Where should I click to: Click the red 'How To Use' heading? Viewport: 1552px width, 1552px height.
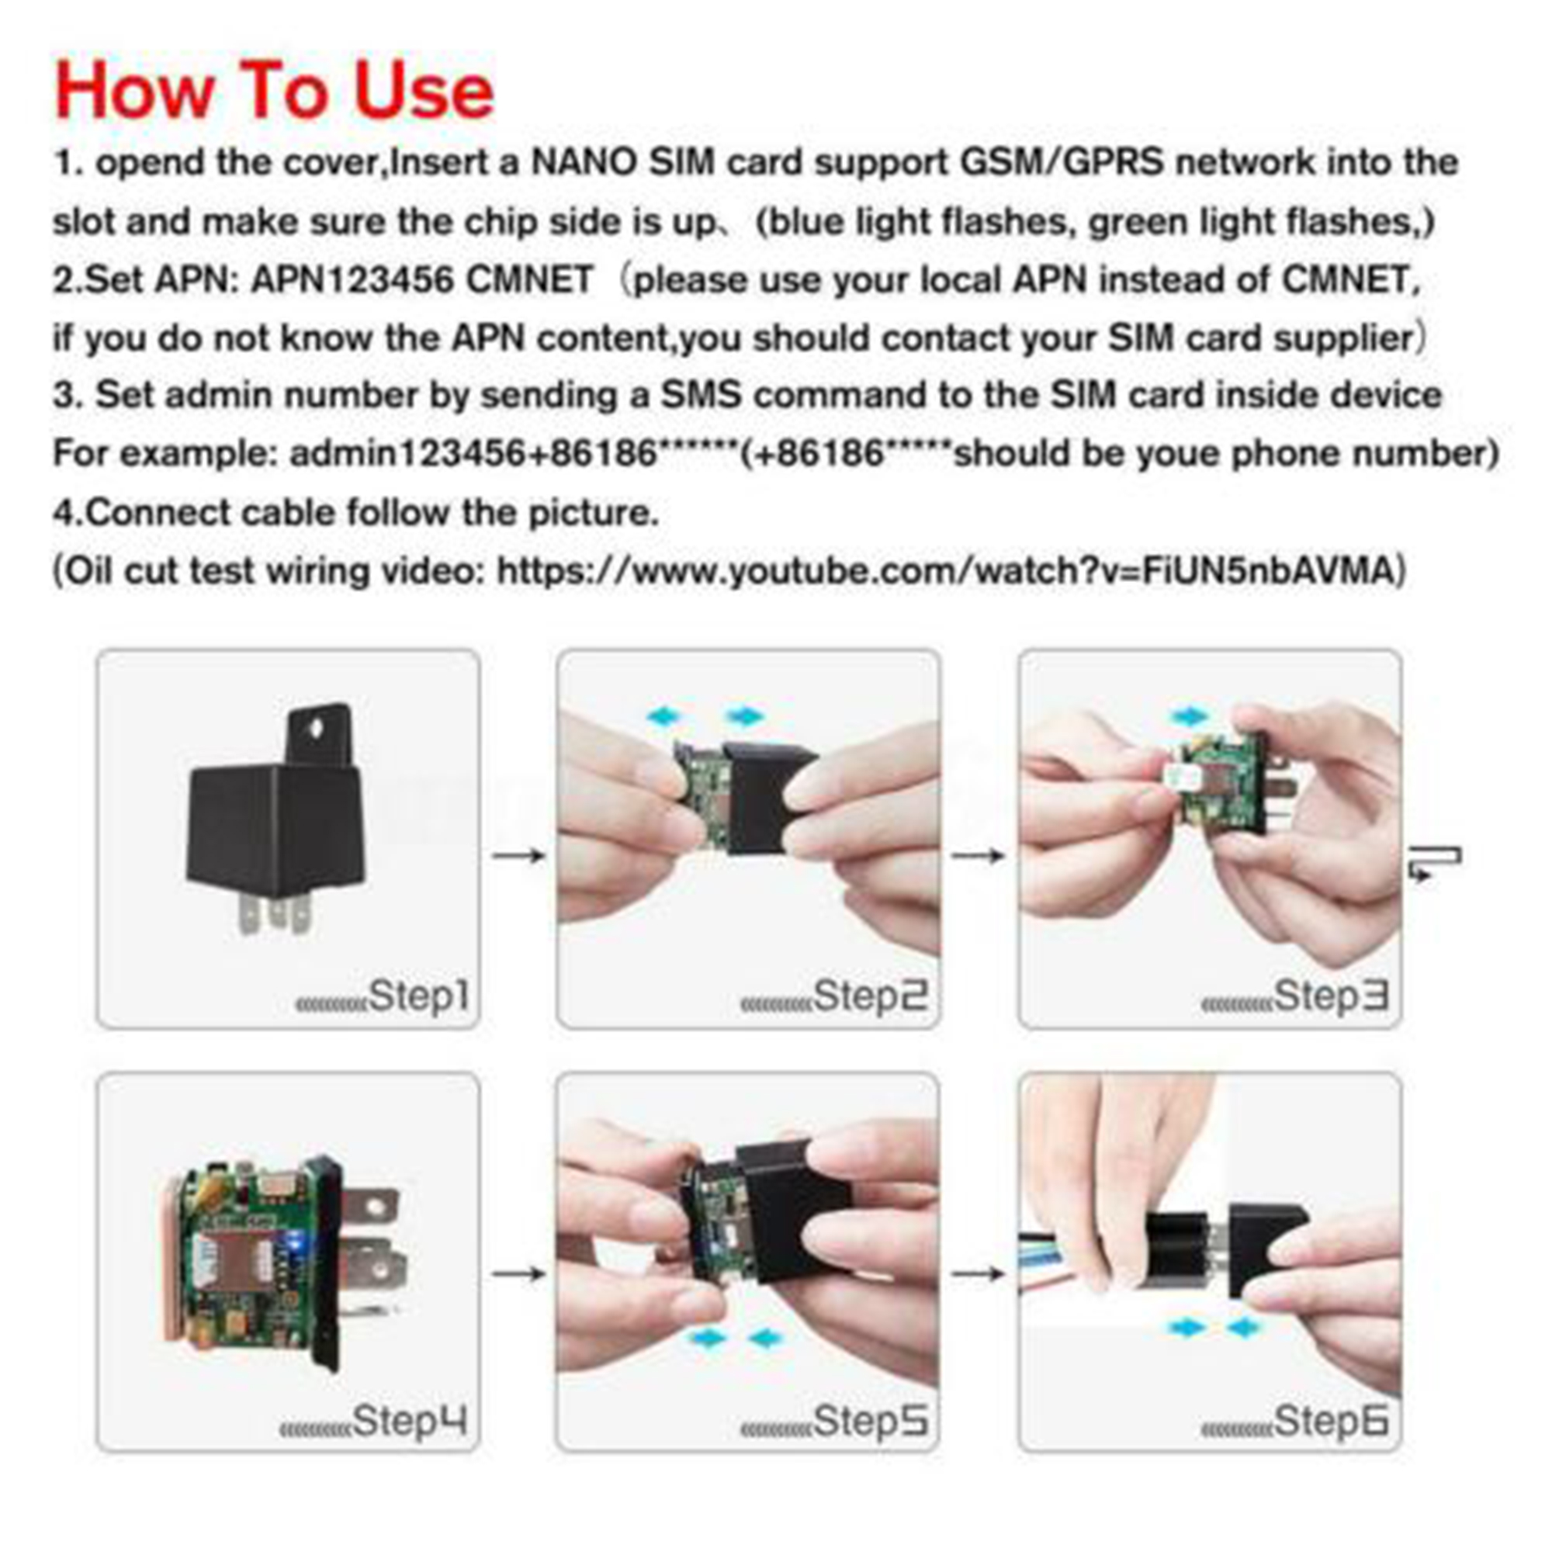pos(274,91)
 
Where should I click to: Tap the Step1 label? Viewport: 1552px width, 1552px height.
pos(418,997)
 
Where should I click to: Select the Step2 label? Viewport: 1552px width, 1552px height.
pos(871,997)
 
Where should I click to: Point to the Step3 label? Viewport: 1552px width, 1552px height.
pos(1332,997)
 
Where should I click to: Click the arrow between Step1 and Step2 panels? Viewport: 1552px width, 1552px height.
pos(519,854)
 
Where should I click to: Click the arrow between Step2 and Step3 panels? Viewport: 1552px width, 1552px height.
pos(979,854)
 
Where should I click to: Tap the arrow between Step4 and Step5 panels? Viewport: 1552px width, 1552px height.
pos(519,1273)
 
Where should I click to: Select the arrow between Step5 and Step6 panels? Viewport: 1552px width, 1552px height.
pos(979,1273)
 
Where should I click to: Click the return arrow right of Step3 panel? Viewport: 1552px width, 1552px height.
pos(1435,862)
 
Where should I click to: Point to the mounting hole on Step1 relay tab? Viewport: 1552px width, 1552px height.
pos(317,726)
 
